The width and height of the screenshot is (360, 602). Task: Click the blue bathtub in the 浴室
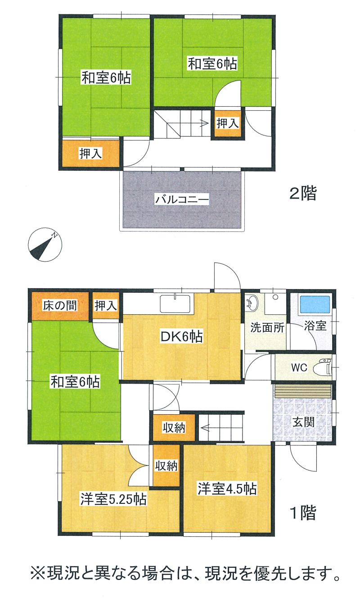coord(315,304)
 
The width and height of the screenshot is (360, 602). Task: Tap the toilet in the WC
coord(322,367)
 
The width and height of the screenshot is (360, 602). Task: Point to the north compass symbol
coord(45,244)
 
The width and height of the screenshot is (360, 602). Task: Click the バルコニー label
coord(182,199)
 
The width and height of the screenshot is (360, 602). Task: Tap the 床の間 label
coord(60,306)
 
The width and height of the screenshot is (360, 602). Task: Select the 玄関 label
coord(303,422)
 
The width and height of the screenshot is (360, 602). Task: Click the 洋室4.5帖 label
coord(227,489)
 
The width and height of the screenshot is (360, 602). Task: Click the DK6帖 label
coord(182,336)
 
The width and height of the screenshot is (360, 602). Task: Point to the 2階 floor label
coord(303,193)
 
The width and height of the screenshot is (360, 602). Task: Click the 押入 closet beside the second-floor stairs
coord(228,124)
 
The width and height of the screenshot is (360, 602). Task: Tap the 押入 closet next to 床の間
coord(106,306)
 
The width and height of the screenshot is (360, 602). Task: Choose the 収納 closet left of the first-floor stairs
coord(174,427)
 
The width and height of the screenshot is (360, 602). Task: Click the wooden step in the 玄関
coord(303,391)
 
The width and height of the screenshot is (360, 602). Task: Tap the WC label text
coord(299,367)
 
